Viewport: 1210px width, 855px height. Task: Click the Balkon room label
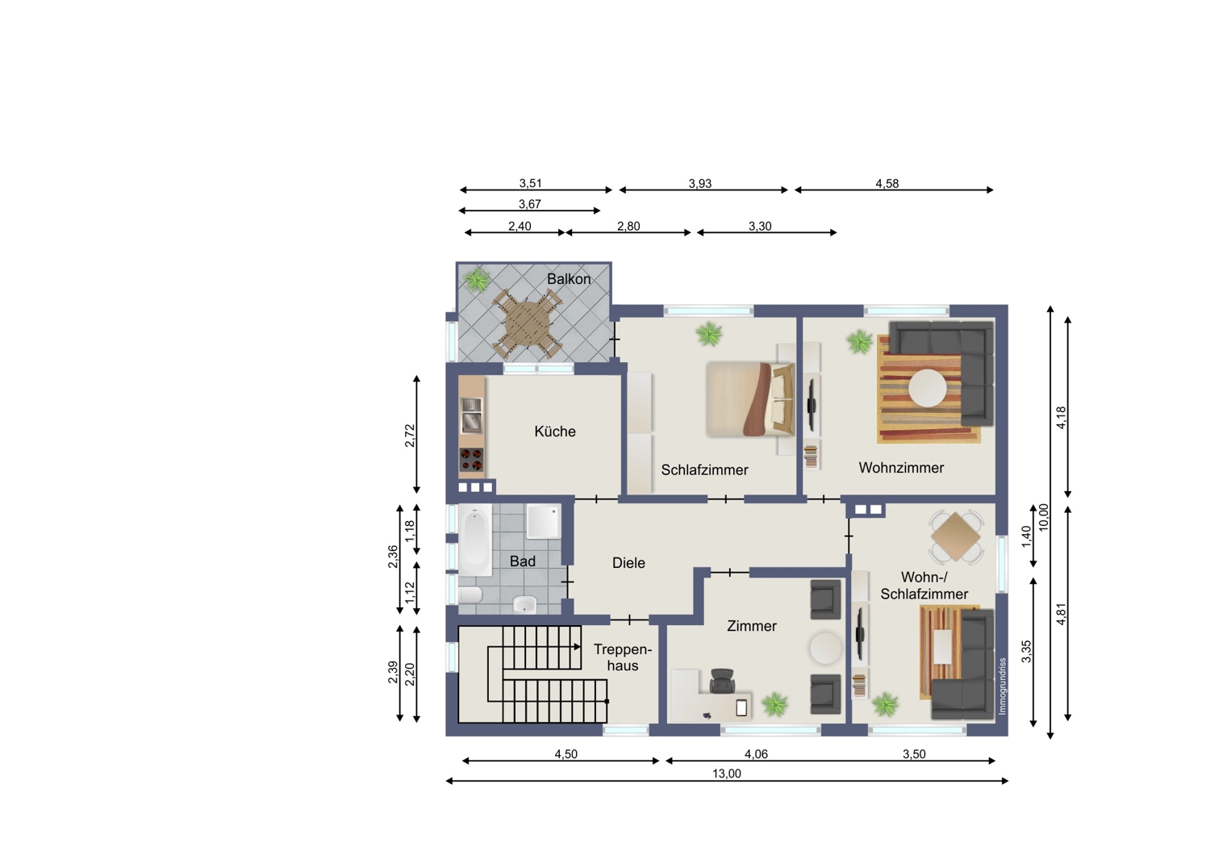[569, 279]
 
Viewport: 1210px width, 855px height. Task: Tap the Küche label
[555, 431]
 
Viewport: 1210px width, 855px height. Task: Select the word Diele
[628, 563]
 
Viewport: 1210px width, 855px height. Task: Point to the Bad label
[523, 561]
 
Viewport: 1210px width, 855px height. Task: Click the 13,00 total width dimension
[727, 774]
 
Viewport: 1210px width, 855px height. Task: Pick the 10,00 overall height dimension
[1043, 517]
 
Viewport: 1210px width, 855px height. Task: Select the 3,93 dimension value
[699, 184]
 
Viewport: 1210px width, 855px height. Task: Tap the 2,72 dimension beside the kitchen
[410, 436]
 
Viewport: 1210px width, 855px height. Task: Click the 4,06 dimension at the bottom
[756, 754]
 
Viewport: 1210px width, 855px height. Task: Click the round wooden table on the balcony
[528, 325]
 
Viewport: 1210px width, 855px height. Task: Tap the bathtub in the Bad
[475, 539]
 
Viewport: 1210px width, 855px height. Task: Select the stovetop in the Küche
[471, 460]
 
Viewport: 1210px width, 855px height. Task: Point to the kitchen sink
[471, 415]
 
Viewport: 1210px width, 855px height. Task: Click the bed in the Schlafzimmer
[750, 399]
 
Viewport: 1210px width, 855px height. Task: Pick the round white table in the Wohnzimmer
[927, 388]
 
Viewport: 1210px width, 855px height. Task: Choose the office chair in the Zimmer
[722, 681]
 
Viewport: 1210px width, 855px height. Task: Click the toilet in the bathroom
[470, 595]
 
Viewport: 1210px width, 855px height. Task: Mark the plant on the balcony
[477, 281]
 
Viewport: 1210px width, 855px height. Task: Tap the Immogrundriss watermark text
[1003, 686]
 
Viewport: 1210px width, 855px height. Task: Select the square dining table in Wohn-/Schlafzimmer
[956, 538]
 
